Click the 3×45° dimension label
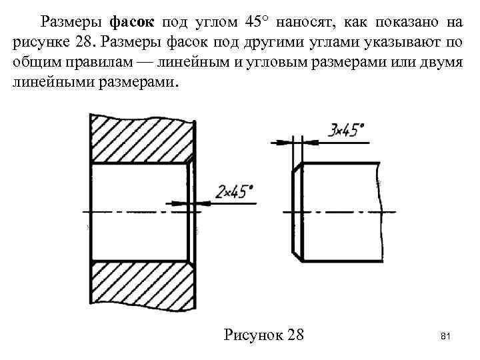(348, 129)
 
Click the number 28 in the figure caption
(293, 333)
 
